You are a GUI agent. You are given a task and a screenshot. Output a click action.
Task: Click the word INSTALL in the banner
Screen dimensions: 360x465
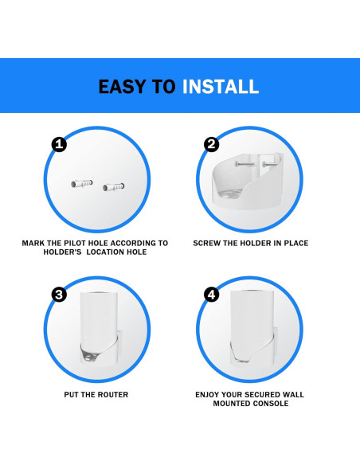coord(221,87)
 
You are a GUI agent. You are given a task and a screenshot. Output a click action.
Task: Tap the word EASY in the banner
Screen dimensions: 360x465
coord(122,87)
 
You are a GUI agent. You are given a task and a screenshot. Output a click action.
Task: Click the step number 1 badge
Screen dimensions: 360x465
coord(59,144)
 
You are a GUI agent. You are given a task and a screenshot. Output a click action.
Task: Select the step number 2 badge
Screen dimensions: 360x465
coord(211,144)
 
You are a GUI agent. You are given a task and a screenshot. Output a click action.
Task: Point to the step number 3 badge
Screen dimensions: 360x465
coord(59,295)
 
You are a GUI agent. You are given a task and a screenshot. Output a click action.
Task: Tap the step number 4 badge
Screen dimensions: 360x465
coord(211,295)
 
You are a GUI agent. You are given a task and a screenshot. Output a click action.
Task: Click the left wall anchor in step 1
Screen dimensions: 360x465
coord(82,184)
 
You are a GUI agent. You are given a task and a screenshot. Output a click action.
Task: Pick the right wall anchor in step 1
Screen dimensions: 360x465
coord(114,187)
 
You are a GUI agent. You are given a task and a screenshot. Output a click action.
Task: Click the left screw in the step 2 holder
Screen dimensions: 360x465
coord(245,164)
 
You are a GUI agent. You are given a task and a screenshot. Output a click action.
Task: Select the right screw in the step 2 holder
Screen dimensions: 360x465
coord(272,164)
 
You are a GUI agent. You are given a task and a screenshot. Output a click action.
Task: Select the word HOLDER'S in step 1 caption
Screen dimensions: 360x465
coord(62,252)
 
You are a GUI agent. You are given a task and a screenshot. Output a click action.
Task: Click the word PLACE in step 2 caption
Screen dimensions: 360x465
coord(296,243)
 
